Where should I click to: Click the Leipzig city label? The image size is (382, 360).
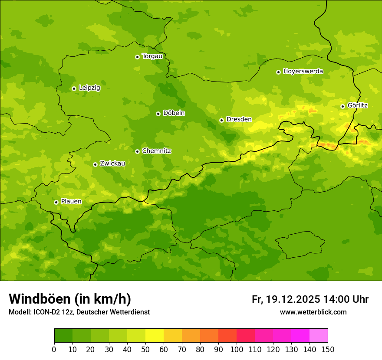[x=89, y=88]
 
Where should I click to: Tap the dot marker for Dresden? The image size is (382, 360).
[x=221, y=120]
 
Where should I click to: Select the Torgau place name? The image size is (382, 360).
[x=152, y=56]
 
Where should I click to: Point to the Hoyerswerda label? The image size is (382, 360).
[x=303, y=71]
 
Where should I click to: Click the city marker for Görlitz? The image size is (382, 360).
[x=342, y=106]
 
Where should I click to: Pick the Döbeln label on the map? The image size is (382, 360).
[x=174, y=113]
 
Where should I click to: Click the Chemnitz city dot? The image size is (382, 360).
[x=137, y=151]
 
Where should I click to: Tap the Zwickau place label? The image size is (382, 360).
[x=112, y=164]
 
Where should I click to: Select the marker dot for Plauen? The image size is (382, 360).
[x=56, y=202]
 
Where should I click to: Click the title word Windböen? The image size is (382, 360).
[x=40, y=299]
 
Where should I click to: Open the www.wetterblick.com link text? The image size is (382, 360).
[x=313, y=312]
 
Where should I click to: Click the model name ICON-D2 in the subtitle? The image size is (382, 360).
[x=47, y=312]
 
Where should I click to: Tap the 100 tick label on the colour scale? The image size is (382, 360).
[x=237, y=350]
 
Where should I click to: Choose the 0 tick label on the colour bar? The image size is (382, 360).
[x=54, y=350]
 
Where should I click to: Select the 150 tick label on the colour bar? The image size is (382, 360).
[x=328, y=350]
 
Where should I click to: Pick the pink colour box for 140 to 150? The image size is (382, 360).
[x=319, y=336]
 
